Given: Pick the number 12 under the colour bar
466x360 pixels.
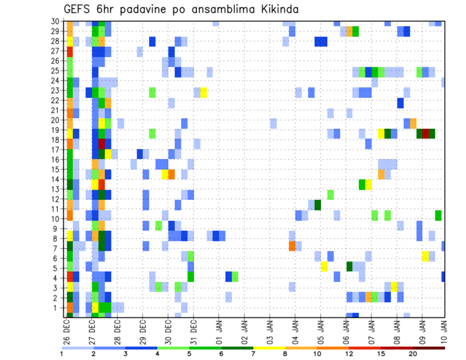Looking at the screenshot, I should [349, 354].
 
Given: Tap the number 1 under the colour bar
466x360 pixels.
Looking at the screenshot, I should [62, 354].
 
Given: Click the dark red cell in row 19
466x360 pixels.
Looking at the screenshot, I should [426, 133].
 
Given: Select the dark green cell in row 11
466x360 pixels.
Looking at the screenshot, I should [317, 205].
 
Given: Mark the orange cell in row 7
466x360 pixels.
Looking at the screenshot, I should [292, 246].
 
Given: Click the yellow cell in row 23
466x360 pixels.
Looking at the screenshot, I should [203, 92].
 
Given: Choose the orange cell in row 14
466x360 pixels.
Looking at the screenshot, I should [171, 174].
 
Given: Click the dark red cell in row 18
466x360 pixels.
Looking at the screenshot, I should [102, 144].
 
